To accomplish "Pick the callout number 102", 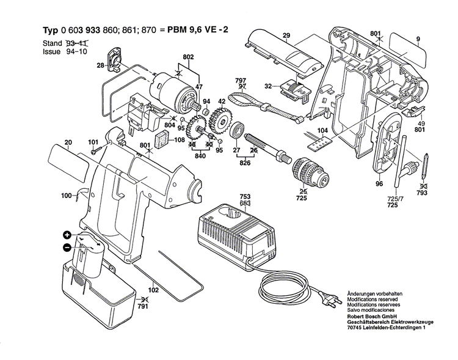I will tap(154, 291).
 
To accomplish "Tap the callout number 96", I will tap(379, 183).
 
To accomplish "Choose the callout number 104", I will tap(322, 131).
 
